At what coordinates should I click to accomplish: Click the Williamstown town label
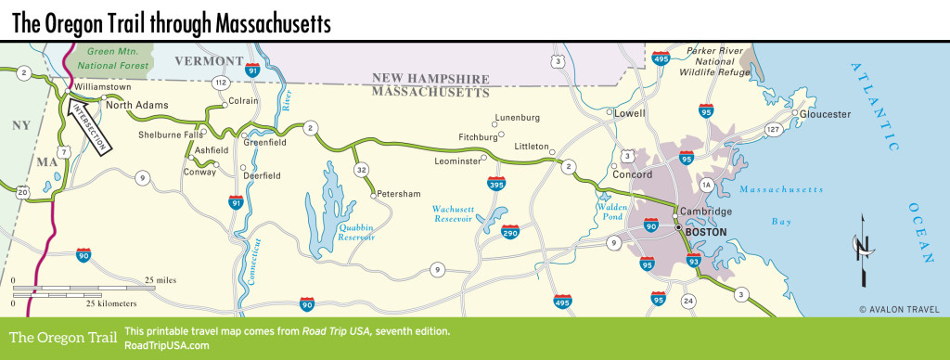[x=103, y=87]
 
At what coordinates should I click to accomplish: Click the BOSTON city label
[x=707, y=231]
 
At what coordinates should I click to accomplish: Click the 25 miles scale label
[x=161, y=279]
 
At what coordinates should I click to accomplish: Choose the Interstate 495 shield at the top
[x=661, y=58]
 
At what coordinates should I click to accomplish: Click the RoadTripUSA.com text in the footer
[x=166, y=345]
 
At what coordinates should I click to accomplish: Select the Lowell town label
[x=630, y=113]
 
